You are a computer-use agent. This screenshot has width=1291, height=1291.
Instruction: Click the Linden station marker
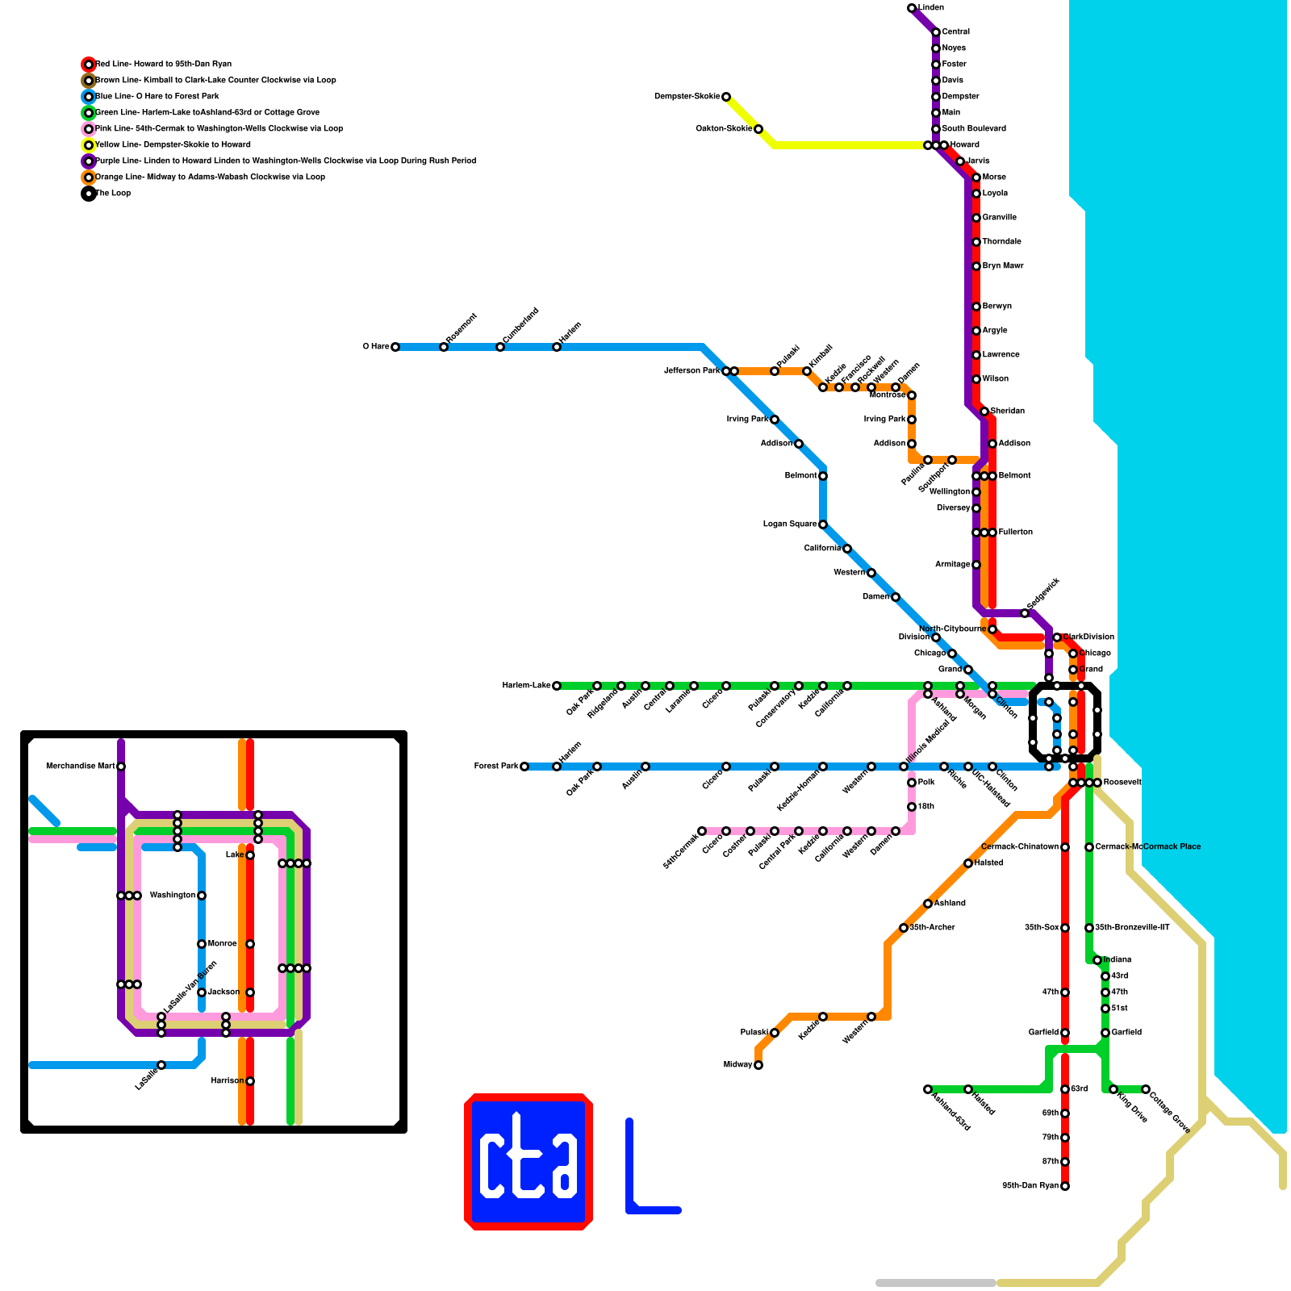pyautogui.click(x=912, y=8)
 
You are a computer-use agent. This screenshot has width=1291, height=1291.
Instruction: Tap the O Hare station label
pyautogui.click(x=376, y=347)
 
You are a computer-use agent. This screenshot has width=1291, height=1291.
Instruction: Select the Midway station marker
pyautogui.click(x=758, y=1065)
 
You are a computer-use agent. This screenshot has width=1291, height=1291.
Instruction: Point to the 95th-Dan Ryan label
pyautogui.click(x=1030, y=1186)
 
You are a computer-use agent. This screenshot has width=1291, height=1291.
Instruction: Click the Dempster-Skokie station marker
pyautogui.click(x=726, y=97)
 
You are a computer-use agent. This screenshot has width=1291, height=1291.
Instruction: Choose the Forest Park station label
pyautogui.click(x=496, y=767)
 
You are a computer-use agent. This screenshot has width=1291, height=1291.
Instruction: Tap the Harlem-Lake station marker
pyautogui.click(x=557, y=686)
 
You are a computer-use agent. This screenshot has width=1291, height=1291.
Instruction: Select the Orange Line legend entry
pyautogui.click(x=210, y=178)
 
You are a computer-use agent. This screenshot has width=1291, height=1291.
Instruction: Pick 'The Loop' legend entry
pyautogui.click(x=113, y=194)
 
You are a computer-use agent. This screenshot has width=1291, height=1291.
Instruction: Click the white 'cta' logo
pyautogui.click(x=529, y=1162)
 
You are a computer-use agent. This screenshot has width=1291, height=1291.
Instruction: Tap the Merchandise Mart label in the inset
pyautogui.click(x=81, y=767)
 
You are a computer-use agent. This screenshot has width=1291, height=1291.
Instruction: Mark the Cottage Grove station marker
pyautogui.click(x=1146, y=1089)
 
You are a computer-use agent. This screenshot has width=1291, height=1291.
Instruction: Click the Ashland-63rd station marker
pyautogui.click(x=928, y=1089)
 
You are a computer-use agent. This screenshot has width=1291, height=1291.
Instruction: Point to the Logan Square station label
pyautogui.click(x=790, y=524)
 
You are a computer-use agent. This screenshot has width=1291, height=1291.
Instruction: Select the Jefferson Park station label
pyautogui.click(x=691, y=371)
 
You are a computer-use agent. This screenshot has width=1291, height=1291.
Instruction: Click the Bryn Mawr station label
pyautogui.click(x=1003, y=266)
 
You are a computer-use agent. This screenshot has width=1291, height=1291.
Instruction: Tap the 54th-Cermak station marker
pyautogui.click(x=702, y=831)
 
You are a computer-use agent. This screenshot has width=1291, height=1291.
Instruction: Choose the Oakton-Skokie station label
pyautogui.click(x=724, y=129)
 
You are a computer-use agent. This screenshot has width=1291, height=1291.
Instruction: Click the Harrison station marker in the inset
pyautogui.click(x=250, y=1081)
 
